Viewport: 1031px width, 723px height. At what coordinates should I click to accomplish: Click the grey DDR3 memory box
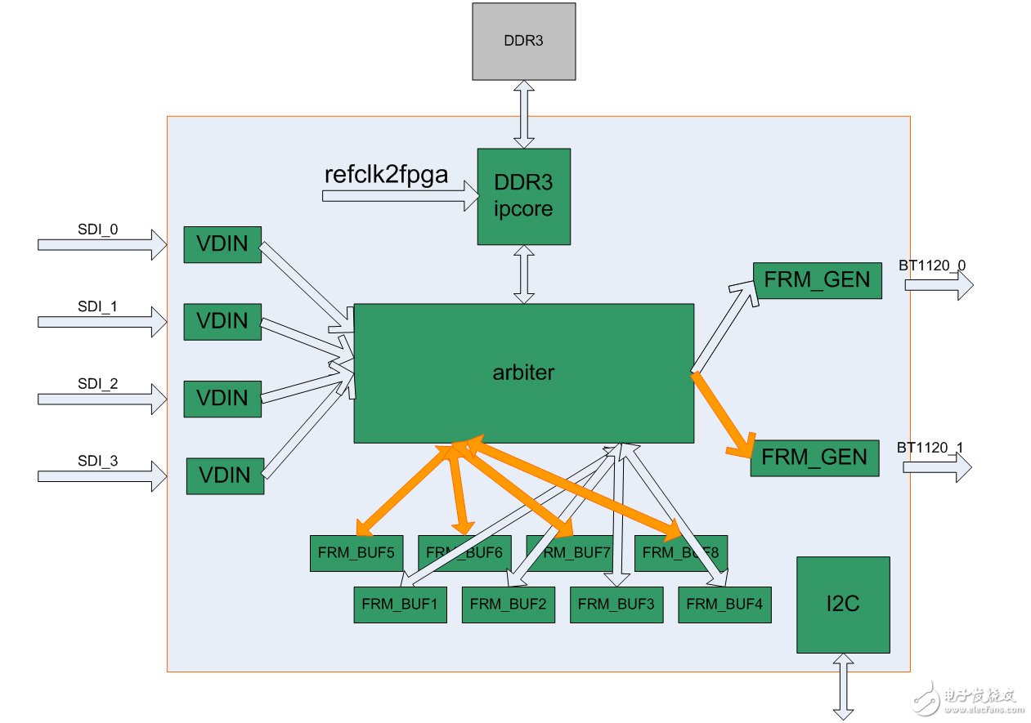coord(523,41)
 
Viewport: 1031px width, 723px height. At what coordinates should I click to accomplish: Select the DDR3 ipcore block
coord(523,196)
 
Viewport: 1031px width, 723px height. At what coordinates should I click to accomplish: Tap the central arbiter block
coord(523,373)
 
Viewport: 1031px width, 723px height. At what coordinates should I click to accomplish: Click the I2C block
coord(843,605)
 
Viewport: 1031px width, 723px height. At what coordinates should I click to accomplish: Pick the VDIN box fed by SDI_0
coord(222,244)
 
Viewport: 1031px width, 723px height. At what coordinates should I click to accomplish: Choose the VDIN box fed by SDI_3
coord(225,476)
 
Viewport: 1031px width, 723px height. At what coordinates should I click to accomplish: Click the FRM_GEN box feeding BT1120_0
coord(816,281)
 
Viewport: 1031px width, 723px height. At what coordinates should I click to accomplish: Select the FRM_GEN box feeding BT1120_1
coord(814,457)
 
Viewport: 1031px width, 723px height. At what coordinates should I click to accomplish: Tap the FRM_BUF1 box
coord(400,605)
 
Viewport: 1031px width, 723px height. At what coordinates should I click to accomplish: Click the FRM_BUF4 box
coord(724,605)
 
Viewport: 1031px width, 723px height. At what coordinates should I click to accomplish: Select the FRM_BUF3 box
coord(616,605)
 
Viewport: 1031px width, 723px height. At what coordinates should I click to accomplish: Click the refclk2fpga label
coord(385,175)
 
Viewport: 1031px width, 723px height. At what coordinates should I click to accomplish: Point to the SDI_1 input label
coord(98,307)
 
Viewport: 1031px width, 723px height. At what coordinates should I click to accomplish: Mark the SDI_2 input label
coord(98,382)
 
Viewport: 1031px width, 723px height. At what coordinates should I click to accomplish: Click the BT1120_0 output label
coord(931,266)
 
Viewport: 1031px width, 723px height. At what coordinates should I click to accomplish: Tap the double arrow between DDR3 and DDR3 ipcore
coord(523,114)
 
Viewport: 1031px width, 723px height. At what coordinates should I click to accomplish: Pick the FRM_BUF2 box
coord(509,605)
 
